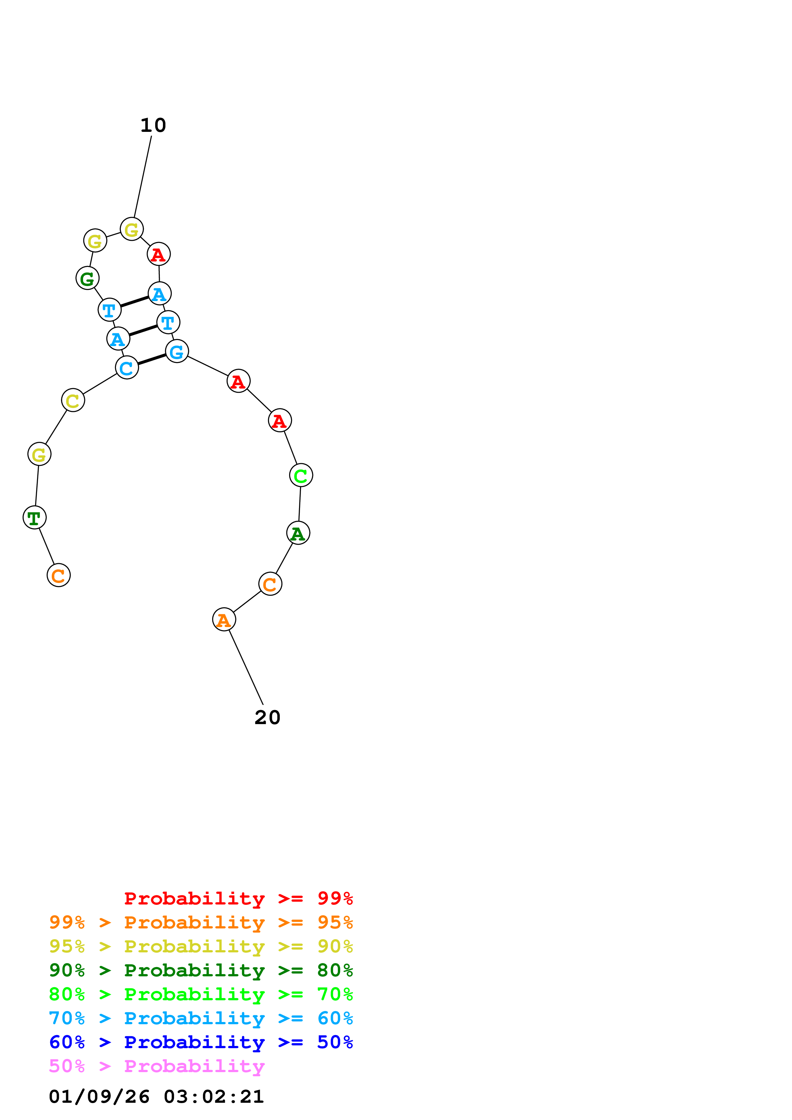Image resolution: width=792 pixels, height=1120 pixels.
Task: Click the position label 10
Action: pos(153,125)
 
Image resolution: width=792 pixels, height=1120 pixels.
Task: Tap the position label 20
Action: pos(267,718)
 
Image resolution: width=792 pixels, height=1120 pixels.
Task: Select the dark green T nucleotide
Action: pos(35,518)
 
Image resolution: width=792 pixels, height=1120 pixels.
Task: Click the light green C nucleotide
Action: pos(301,476)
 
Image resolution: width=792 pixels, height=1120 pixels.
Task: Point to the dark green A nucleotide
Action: pos(298,533)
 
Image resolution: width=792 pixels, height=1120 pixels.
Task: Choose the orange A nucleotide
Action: pos(224,620)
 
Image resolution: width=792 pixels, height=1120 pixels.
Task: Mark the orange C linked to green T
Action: pos(58,576)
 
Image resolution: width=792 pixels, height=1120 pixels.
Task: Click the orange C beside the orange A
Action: pos(270,584)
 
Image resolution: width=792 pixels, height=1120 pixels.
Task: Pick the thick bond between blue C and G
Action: pos(152,359)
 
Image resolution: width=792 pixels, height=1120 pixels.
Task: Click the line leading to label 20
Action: pos(246,667)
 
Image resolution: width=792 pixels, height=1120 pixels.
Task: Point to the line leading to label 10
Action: pos(142,177)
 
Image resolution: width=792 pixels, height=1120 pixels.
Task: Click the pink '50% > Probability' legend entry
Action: pos(157,1066)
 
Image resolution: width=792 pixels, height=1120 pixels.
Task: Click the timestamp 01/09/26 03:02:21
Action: pos(156,1097)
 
